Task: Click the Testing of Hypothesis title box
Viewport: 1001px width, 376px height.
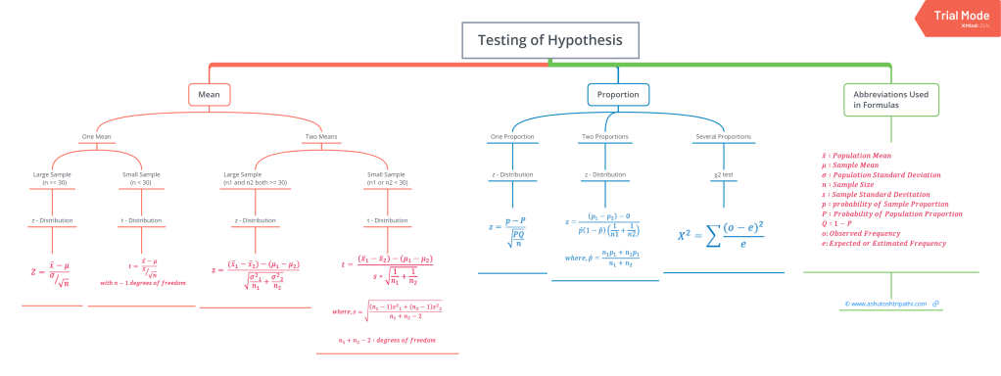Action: click(x=549, y=41)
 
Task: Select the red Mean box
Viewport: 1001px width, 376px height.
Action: click(x=210, y=95)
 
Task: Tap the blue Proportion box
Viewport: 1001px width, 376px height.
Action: click(x=618, y=95)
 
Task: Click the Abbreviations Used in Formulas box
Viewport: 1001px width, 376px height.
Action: click(x=890, y=100)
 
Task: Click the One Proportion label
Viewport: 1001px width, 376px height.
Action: click(x=511, y=137)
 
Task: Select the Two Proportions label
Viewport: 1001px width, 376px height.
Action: click(x=605, y=137)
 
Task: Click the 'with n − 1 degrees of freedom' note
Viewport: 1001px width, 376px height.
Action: click(x=141, y=283)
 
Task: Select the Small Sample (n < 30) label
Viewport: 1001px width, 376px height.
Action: click(x=141, y=180)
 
